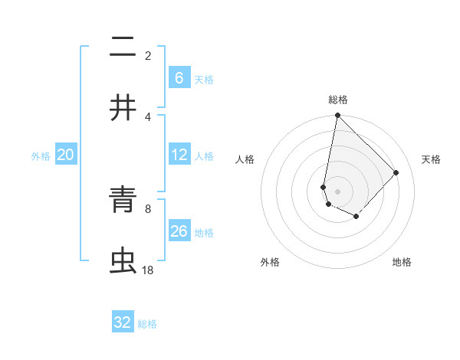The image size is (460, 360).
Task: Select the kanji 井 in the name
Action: point(123,107)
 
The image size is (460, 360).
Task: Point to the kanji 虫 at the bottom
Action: point(123,260)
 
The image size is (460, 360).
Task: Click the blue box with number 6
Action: point(179,77)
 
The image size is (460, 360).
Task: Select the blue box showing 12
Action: point(179,155)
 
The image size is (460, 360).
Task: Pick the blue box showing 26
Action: point(179,231)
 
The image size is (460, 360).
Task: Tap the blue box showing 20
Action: point(66,155)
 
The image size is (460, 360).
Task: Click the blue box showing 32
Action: point(123,322)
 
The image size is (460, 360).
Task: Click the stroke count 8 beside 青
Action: point(148,208)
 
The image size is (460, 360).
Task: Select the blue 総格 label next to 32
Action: point(148,324)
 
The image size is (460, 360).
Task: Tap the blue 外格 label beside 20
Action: point(41,155)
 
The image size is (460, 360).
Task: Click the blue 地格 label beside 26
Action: point(204,232)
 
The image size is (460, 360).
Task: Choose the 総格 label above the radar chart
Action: point(338,100)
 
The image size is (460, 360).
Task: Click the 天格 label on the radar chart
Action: point(432,159)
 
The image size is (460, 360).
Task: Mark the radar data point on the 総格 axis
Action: point(337,116)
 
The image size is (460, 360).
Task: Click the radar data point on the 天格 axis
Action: point(396,172)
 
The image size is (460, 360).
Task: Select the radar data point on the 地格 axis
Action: point(356,217)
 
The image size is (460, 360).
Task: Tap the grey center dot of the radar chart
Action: point(337,191)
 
